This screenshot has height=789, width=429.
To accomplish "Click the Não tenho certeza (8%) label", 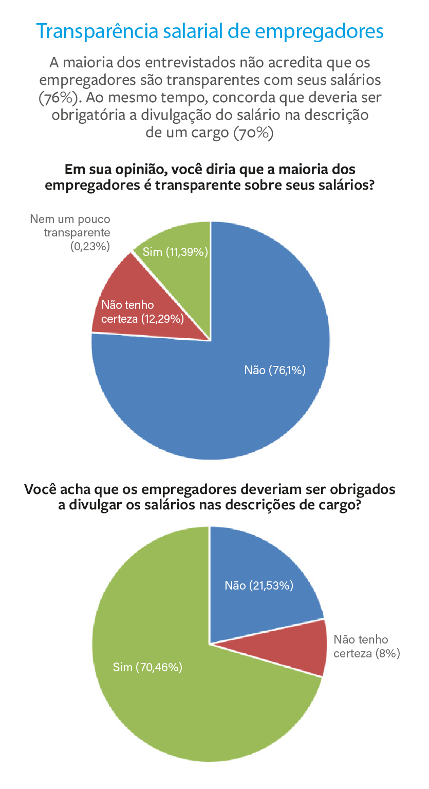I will (x=366, y=646).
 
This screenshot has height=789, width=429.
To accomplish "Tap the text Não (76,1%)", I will (x=275, y=370).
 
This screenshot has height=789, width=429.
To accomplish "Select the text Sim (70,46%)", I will (x=147, y=667).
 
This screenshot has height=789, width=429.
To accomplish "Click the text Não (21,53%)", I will (x=259, y=585).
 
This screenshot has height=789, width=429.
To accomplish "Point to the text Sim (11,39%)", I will (x=175, y=252).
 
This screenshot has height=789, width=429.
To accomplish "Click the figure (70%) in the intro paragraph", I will (x=251, y=132).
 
